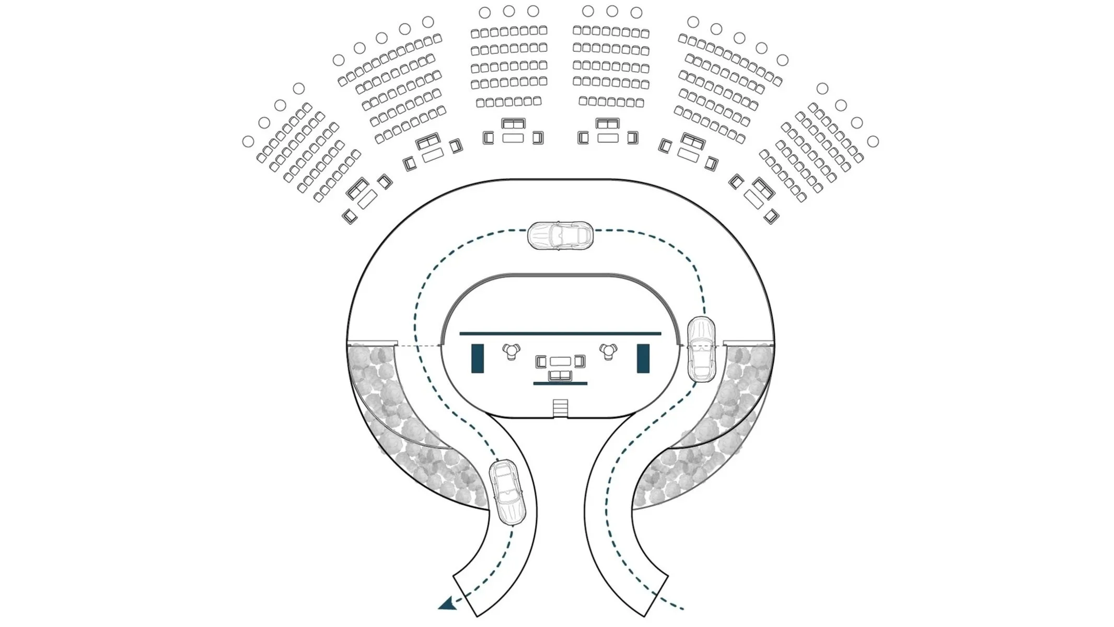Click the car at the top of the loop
coord(560,235)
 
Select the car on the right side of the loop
coord(701,349)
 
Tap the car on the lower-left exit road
coord(507,492)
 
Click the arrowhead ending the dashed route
coord(447,605)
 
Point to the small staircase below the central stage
coord(560,408)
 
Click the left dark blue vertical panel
coord(477,358)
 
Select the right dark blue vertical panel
coord(643,358)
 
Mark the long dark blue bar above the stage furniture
coord(560,333)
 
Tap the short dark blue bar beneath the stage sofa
coord(560,383)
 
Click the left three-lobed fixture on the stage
coord(511,350)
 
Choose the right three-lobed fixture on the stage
coord(608,350)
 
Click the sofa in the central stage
coord(560,375)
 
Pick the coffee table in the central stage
coord(560,361)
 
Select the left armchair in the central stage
coord(541,361)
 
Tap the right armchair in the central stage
coord(579,361)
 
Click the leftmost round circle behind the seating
coord(248,141)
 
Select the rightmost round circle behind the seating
coord(873,141)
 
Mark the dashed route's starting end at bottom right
coord(682,609)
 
